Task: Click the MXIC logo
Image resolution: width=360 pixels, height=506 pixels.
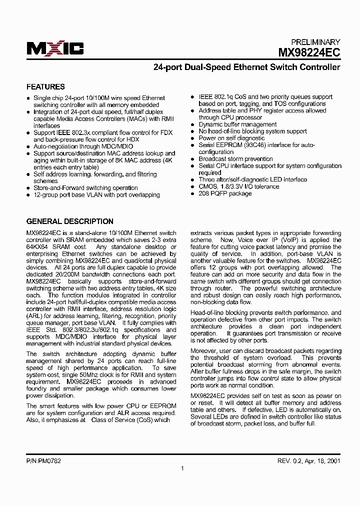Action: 55,48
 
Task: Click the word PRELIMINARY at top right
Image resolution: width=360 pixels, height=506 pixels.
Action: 315,42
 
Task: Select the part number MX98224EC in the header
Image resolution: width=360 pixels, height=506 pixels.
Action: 309,51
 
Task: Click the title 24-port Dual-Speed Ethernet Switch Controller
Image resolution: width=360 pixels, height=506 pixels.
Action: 246,67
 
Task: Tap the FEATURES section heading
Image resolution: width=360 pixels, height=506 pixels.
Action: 45,87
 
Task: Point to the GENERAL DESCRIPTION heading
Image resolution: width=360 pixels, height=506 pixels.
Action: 69,221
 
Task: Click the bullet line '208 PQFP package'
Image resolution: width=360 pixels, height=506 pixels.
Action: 225,193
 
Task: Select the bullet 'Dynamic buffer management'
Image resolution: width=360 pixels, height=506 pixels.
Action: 237,124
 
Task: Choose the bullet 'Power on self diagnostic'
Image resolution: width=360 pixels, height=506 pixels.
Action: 231,138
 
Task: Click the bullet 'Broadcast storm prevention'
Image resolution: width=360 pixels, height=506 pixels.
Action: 235,159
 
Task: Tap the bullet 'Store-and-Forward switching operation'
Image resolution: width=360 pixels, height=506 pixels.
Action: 85,188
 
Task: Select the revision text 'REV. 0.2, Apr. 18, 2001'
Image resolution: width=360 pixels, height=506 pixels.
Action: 309,461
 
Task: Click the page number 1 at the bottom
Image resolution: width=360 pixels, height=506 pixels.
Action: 182,468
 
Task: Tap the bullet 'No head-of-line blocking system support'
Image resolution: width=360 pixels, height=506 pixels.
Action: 252,131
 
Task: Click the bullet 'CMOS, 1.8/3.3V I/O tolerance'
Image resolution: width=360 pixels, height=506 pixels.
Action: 239,186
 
